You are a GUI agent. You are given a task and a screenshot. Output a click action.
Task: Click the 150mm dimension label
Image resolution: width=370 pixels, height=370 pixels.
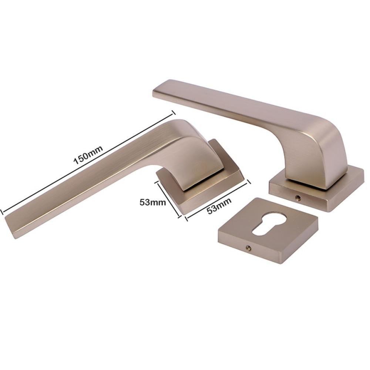click(88, 155)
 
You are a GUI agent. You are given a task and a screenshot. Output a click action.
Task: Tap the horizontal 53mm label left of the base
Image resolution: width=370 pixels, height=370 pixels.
click(153, 202)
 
